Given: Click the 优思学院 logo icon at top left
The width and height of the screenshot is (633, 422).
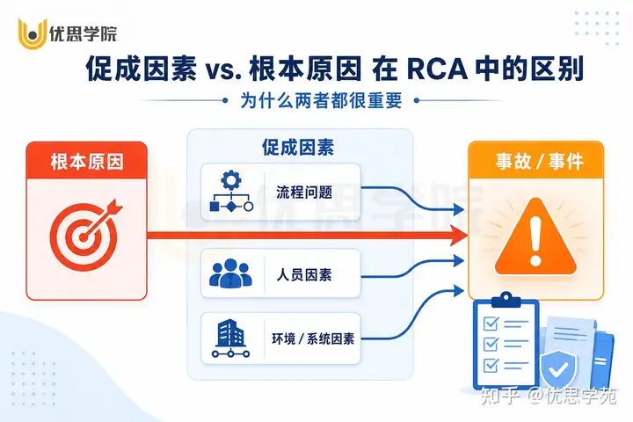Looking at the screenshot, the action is pyautogui.click(x=33, y=34).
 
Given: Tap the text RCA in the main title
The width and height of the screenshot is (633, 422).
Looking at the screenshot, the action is pyautogui.click(x=436, y=69).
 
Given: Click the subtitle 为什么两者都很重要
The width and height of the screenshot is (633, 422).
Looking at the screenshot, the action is pyautogui.click(x=321, y=100).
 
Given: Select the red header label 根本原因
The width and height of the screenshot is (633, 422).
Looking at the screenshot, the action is pyautogui.click(x=87, y=162).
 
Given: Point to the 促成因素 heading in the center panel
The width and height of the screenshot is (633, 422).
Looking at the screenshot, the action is pyautogui.click(x=298, y=148).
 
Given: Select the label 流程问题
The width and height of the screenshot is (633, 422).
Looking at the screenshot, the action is pyautogui.click(x=304, y=193).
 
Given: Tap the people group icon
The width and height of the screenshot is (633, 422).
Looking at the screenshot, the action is pyautogui.click(x=230, y=273).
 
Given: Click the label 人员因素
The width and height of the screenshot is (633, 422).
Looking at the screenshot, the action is pyautogui.click(x=304, y=275).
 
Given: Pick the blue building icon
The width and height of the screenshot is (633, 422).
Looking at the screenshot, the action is pyautogui.click(x=230, y=338).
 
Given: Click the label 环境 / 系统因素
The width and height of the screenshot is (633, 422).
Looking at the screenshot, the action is pyautogui.click(x=313, y=338).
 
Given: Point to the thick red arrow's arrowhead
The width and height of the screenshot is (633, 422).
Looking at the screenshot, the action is pyautogui.click(x=459, y=236).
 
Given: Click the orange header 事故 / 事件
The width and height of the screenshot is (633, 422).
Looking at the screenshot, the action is pyautogui.click(x=539, y=162).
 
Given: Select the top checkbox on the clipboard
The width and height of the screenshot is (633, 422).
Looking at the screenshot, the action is pyautogui.click(x=491, y=323).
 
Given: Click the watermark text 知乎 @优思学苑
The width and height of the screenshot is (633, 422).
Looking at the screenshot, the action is pyautogui.click(x=549, y=395).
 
